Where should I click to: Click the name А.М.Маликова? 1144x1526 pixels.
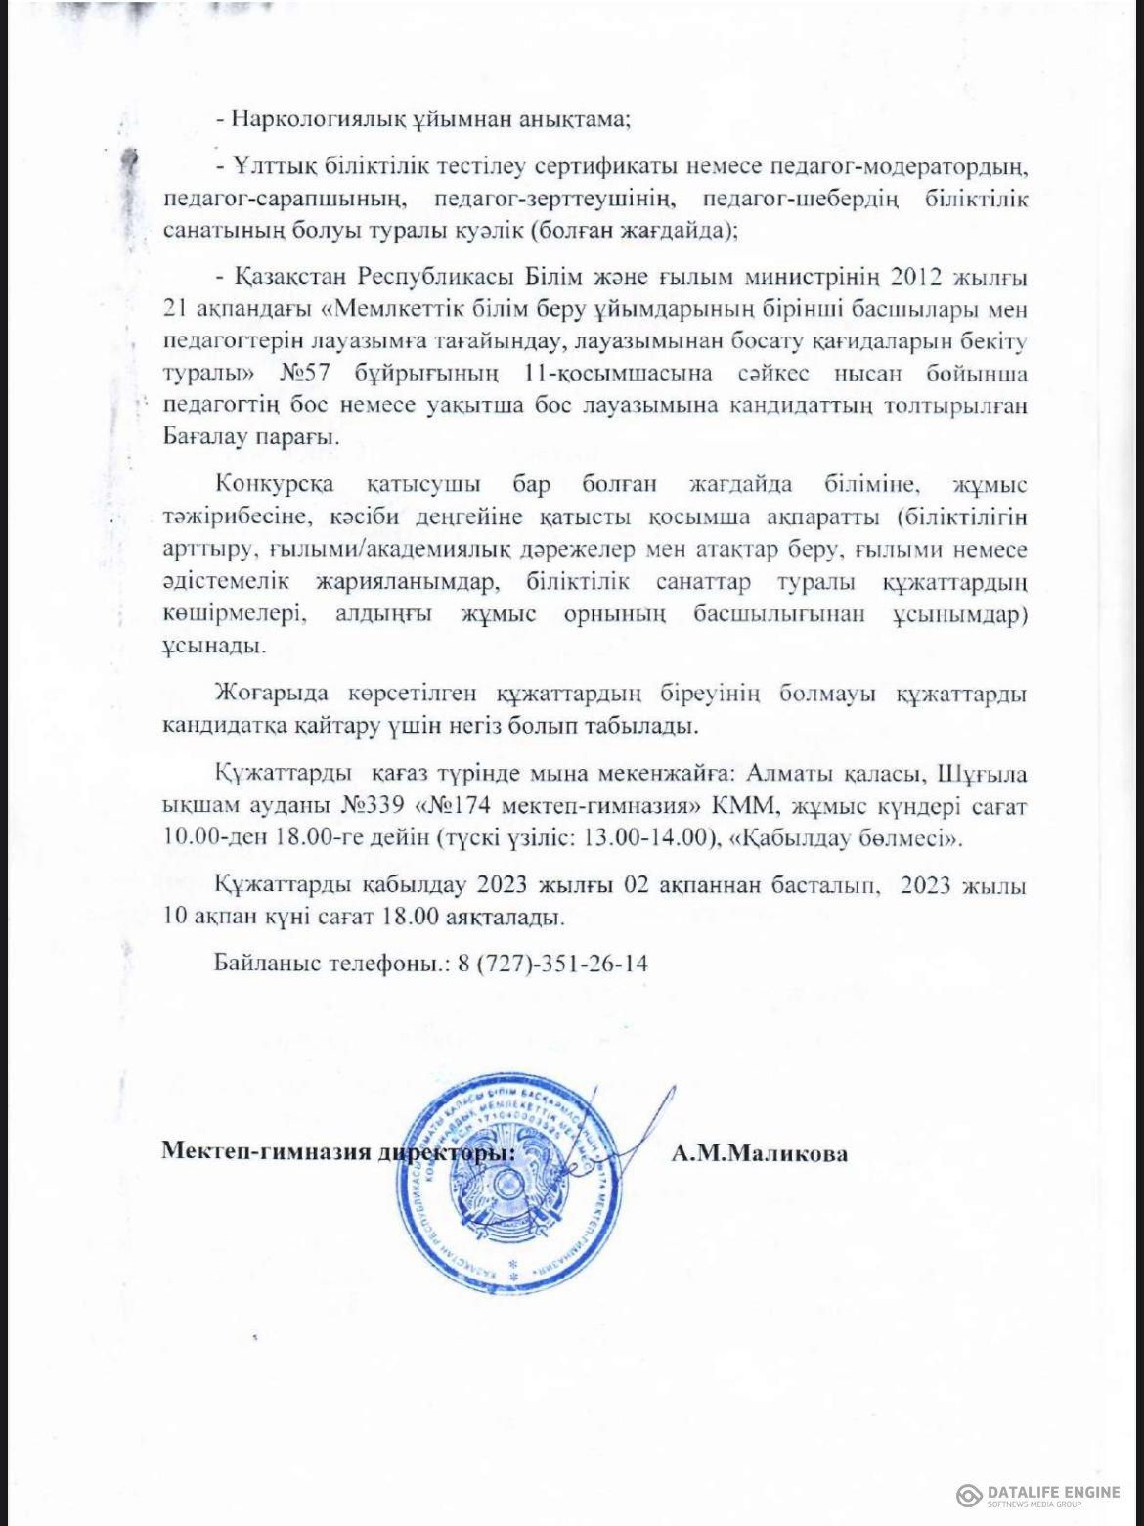click(760, 1153)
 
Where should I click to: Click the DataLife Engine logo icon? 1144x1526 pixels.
click(970, 1495)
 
